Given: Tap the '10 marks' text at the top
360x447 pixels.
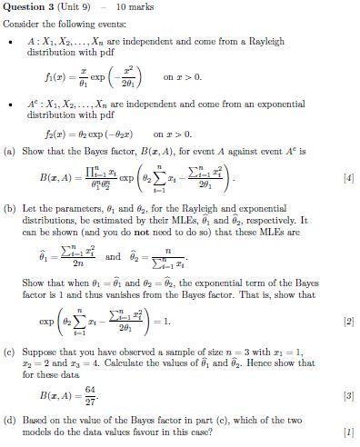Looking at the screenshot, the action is [x=134, y=7].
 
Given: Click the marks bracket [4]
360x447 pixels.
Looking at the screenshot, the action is [x=348, y=178].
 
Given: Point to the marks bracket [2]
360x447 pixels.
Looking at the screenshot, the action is [x=348, y=322].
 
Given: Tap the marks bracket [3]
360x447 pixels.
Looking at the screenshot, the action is [x=348, y=397].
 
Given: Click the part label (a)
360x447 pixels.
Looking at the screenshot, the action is [x=11, y=151].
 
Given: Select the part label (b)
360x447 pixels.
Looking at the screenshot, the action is [x=11, y=208].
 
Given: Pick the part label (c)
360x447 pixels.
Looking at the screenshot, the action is [x=11, y=349].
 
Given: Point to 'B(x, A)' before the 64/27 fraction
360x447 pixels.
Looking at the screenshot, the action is [x=56, y=396].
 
